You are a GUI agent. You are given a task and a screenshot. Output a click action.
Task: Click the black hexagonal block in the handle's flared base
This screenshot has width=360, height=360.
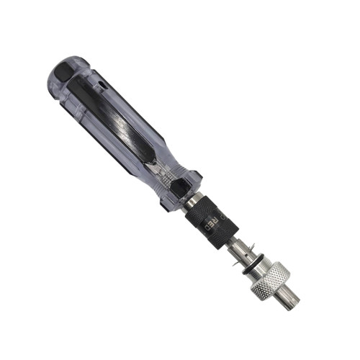(x=178, y=186)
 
